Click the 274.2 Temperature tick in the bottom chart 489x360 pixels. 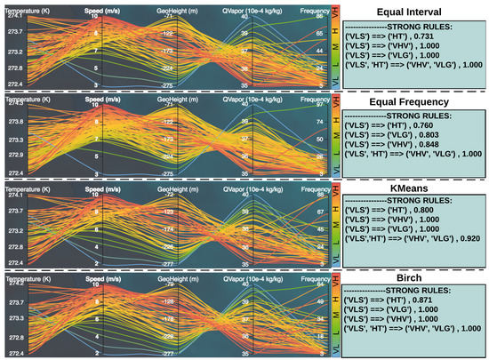17,282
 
